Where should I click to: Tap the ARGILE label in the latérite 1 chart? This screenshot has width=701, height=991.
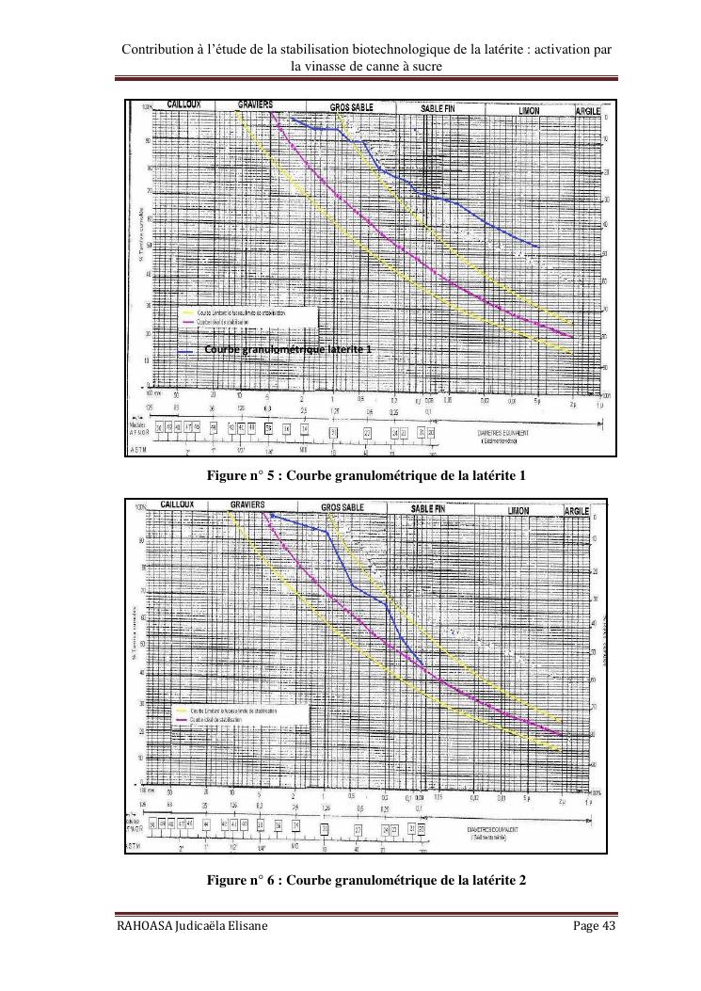pos(588,111)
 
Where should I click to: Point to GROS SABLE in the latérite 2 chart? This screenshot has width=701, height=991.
pos(343,507)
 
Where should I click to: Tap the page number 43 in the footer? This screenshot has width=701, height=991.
pos(607,926)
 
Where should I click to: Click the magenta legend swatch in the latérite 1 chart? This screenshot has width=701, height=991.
pos(187,321)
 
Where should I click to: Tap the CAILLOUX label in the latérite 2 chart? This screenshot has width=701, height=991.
pos(178,504)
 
